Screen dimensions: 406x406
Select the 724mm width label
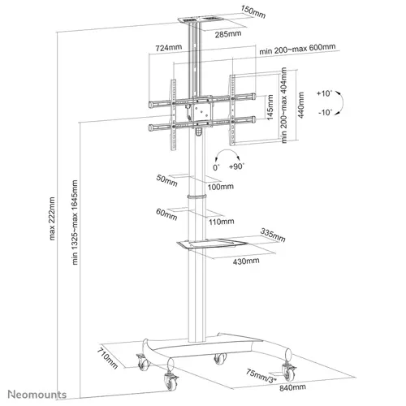[x=169, y=49]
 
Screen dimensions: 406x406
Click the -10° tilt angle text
[x=326, y=112]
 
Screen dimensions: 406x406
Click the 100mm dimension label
[x=220, y=188]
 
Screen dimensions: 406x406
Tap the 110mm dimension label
[x=220, y=221]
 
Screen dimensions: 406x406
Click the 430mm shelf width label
[x=245, y=261]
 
